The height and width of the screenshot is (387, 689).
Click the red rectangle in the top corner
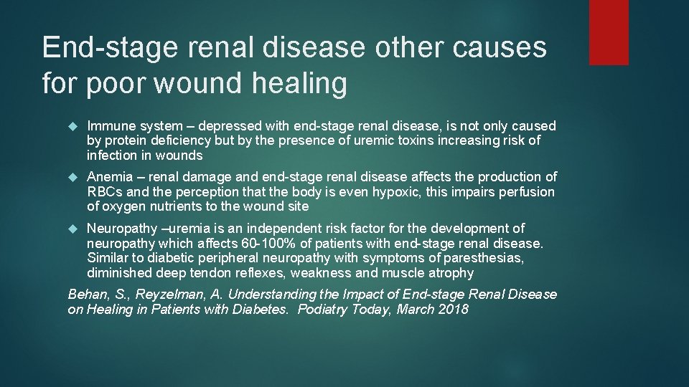[609, 32]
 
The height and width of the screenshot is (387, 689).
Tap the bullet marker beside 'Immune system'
[72, 126]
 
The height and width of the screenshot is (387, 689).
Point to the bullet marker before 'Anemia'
[72, 177]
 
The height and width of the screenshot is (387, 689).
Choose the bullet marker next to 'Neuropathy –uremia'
[72, 229]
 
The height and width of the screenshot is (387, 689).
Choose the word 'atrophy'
[450, 273]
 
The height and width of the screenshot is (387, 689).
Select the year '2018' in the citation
[451, 310]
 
